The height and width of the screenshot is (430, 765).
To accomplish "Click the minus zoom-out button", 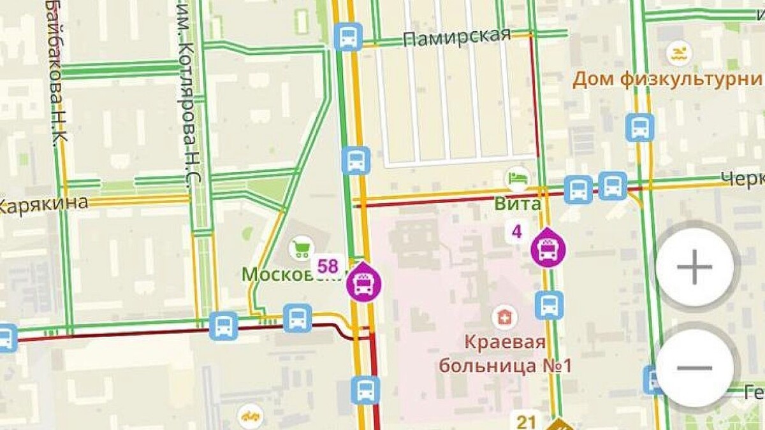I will (694, 368).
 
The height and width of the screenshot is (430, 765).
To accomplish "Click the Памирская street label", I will (457, 36).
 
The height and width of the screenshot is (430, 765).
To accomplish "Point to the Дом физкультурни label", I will (667, 80).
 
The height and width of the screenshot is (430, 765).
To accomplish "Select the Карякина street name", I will (43, 204).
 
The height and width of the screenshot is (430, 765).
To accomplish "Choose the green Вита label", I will (518, 204).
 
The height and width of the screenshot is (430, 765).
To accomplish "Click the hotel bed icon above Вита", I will (518, 178).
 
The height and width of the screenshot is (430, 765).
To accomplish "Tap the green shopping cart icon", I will (301, 248).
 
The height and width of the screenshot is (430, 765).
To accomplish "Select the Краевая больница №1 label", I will (504, 354).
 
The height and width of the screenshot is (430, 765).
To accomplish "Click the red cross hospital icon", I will (504, 317).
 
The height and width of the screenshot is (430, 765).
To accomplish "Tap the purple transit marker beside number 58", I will (363, 282).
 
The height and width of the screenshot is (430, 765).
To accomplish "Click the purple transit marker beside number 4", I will (548, 248).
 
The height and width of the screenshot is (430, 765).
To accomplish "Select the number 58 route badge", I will (328, 265).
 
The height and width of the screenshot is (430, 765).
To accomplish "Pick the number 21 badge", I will (527, 421).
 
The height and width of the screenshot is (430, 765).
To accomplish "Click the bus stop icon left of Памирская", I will (348, 36).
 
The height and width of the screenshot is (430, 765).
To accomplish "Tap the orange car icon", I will (251, 417).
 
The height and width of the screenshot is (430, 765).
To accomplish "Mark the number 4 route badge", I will (517, 231).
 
